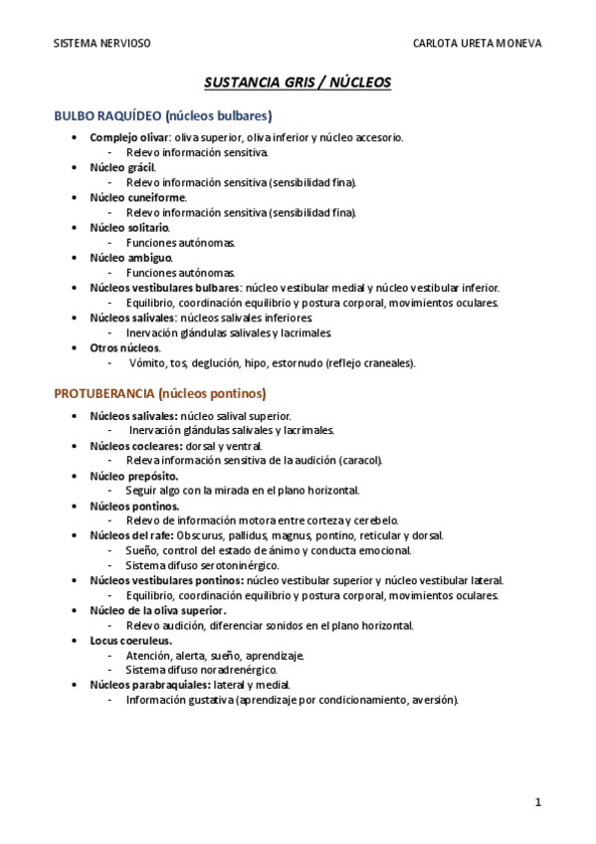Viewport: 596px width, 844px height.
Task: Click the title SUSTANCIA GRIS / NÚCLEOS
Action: pyautogui.click(x=298, y=83)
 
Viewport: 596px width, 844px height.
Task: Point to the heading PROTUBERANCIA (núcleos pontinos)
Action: pyautogui.click(x=160, y=393)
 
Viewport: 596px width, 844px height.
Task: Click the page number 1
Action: pyautogui.click(x=537, y=801)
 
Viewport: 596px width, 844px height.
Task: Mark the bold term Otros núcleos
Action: pyautogui.click(x=124, y=347)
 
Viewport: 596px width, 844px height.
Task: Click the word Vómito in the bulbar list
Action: pyautogui.click(x=147, y=363)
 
